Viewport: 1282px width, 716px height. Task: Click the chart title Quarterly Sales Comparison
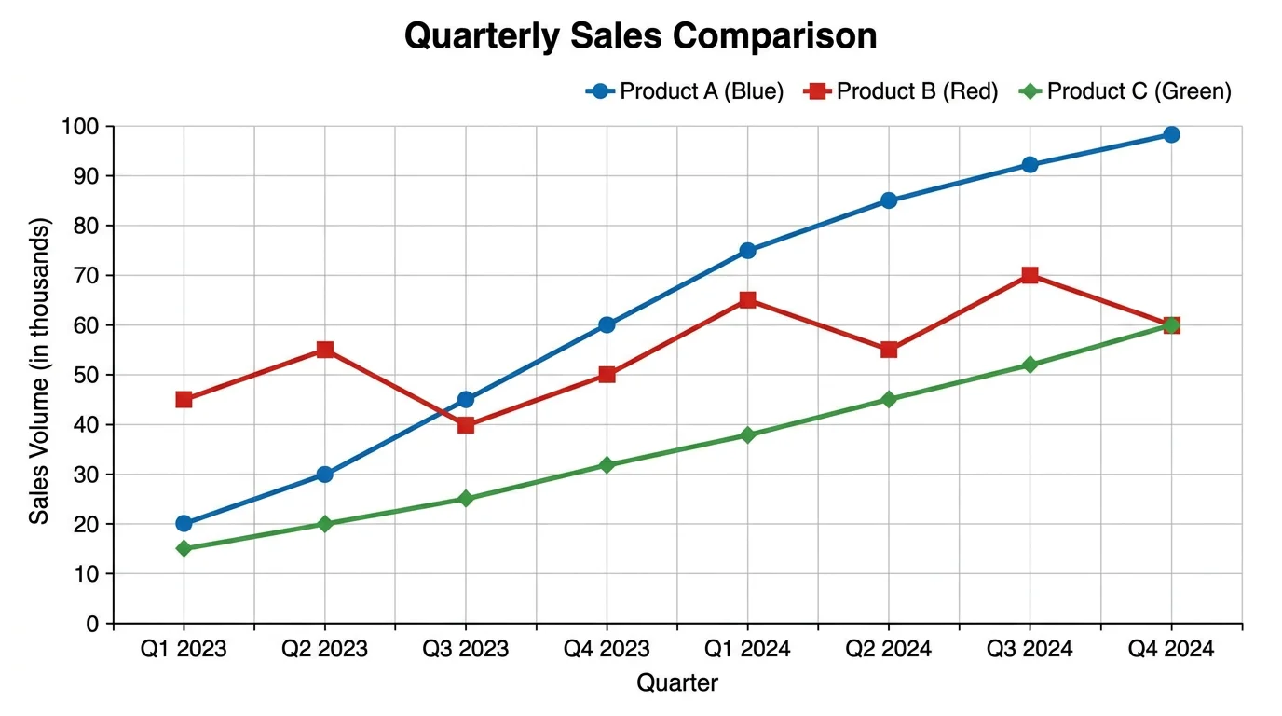click(640, 36)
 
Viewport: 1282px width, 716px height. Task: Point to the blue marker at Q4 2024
click(1171, 134)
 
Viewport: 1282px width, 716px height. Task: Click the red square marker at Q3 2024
click(1030, 275)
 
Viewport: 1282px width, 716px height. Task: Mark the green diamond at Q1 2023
click(184, 548)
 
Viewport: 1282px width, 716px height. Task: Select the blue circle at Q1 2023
click(184, 524)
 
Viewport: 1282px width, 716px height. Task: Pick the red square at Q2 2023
click(325, 350)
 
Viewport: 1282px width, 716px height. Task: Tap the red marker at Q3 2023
click(466, 424)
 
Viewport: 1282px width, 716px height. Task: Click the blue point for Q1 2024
click(747, 250)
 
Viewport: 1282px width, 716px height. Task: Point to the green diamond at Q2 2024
click(889, 399)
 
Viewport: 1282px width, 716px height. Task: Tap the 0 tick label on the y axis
click(91, 624)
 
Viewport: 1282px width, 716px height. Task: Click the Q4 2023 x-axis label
click(607, 649)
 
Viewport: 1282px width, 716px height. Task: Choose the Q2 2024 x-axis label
click(889, 649)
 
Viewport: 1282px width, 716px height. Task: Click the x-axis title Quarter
click(677, 683)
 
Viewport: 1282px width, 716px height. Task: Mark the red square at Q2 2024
click(889, 350)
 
